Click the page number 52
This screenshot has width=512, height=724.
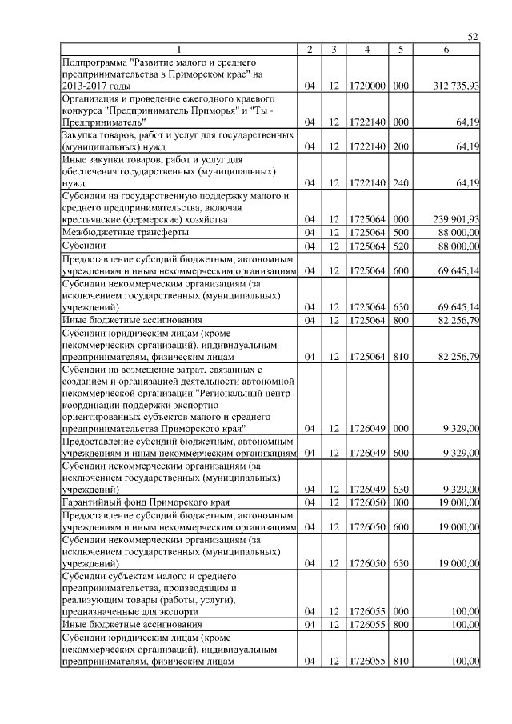[x=472, y=37]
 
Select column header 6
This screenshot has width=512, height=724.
[x=446, y=50]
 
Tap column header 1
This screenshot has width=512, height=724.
[x=179, y=50]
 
